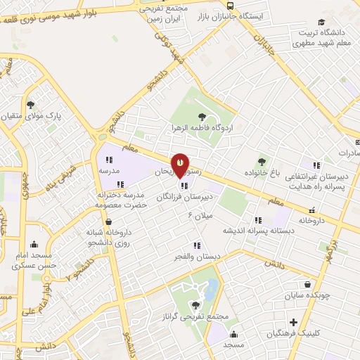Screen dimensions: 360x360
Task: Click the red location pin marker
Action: coord(180,165)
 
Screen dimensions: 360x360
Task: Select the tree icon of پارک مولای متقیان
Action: coord(30,104)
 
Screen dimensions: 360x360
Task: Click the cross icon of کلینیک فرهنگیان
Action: coord(294,322)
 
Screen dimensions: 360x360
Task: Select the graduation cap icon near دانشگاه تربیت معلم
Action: coord(321,22)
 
